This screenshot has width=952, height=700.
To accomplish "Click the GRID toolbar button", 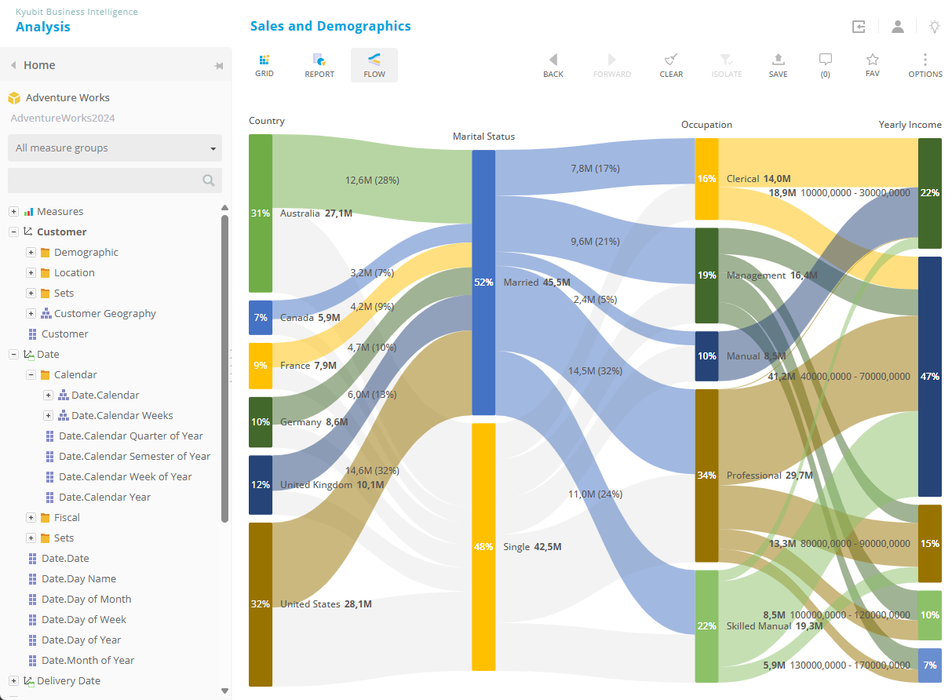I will [x=264, y=65].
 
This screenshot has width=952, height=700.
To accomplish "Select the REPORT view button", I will [x=319, y=65].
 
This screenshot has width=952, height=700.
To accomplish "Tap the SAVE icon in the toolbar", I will [x=778, y=65].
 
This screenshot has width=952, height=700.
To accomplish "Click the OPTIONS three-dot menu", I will [x=925, y=65].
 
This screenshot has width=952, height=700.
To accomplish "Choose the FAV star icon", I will [x=872, y=65].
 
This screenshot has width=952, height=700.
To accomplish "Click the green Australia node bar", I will [x=261, y=213].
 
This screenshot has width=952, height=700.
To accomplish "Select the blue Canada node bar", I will [x=261, y=318].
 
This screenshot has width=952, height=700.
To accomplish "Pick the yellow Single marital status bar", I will [x=483, y=546].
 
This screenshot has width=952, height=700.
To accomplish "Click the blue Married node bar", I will [x=483, y=282].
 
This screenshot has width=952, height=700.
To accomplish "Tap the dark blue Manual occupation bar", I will [x=706, y=356].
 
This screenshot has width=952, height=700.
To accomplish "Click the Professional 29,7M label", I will [x=769, y=476].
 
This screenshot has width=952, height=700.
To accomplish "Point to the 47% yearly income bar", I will [x=929, y=377].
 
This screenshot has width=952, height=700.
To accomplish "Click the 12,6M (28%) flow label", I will [x=372, y=180].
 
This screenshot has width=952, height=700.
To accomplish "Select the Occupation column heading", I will [x=706, y=125].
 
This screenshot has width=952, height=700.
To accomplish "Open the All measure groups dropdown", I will [x=115, y=148].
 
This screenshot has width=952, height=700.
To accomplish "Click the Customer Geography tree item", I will [x=104, y=313].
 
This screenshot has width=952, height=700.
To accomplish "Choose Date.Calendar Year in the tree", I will [x=104, y=497].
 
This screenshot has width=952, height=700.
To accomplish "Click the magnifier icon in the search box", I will [x=208, y=180].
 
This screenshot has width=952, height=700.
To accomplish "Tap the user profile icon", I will [x=897, y=27].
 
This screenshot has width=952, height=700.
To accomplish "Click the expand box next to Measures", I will [x=13, y=212].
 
